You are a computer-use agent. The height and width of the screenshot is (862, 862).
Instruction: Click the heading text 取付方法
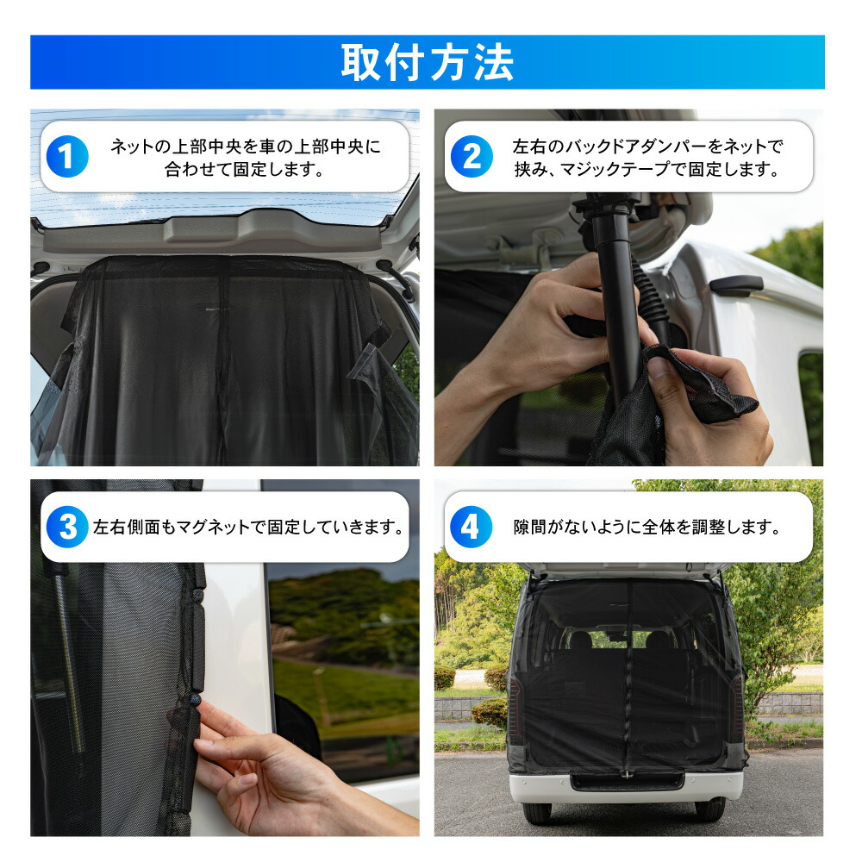click(428, 62)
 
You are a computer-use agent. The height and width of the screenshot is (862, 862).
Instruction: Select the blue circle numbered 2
click(472, 157)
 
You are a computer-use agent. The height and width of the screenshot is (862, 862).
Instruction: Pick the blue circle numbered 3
click(67, 527)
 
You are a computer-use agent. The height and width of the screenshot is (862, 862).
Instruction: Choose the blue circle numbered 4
click(472, 527)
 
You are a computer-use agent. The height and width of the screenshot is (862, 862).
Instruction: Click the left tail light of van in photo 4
click(515, 715)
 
